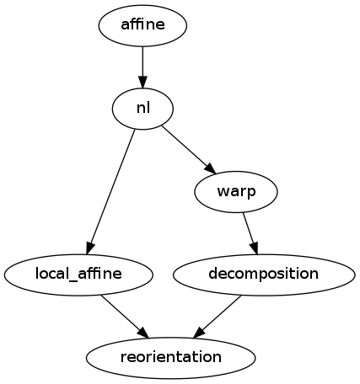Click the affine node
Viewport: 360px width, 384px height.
142,25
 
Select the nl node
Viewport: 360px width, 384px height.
142,108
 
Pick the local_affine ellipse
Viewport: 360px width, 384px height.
78,274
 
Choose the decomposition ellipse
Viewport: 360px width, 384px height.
263,274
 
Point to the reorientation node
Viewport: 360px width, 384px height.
170,356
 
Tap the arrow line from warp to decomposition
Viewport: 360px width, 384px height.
249,229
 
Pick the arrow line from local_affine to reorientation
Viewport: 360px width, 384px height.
122,312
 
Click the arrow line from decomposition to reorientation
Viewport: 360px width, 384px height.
221,312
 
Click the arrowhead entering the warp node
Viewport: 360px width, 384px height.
209,167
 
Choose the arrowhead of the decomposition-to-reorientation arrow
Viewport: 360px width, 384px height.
200,329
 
